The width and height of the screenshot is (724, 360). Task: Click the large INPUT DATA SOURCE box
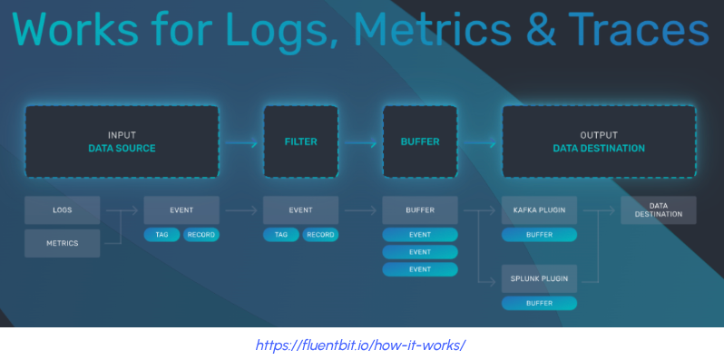(122, 141)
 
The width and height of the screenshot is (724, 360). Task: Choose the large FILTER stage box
(300, 141)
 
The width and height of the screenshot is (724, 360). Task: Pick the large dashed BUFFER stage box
(419, 141)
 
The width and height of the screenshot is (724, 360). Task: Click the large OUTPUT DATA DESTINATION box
(599, 141)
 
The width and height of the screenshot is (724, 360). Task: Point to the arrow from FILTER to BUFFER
(359, 142)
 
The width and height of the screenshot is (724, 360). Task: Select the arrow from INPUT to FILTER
(240, 142)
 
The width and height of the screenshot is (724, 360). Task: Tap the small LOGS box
(62, 210)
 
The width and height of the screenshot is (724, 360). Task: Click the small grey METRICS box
(62, 243)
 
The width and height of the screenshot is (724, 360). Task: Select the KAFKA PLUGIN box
(539, 210)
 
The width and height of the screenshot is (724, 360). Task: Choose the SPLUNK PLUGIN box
(539, 278)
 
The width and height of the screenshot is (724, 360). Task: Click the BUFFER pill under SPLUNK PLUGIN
(539, 303)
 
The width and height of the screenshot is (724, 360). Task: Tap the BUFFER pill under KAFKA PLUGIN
(539, 235)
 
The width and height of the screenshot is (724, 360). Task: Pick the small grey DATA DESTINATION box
(659, 210)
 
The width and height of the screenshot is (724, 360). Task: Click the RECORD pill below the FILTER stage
(320, 235)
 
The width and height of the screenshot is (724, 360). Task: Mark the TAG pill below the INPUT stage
(161, 235)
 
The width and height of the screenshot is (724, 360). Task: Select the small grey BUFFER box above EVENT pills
(419, 210)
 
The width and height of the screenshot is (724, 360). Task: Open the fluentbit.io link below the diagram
(361, 345)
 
